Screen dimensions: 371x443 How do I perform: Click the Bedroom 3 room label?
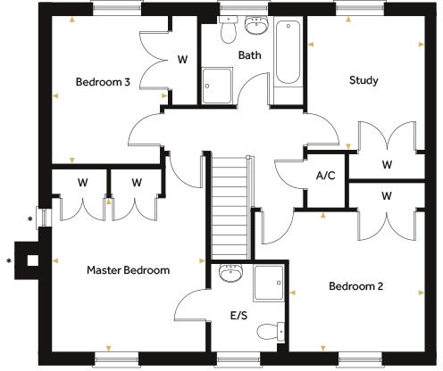(103, 82)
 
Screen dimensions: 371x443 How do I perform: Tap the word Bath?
(249, 55)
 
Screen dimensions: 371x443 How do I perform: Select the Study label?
(363, 80)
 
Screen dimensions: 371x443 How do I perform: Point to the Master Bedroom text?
(128, 268)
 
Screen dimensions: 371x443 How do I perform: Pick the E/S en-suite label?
(239, 315)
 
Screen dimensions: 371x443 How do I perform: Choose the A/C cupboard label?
(325, 175)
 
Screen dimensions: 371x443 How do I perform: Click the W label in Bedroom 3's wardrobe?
(182, 60)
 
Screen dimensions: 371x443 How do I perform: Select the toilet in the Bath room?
(228, 31)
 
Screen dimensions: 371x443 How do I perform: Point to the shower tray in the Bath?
(217, 87)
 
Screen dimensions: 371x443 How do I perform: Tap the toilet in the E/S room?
(268, 332)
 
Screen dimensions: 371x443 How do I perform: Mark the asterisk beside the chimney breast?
(9, 261)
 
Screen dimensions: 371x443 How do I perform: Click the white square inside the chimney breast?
(32, 261)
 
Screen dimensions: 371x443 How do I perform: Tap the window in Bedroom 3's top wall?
(116, 7)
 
